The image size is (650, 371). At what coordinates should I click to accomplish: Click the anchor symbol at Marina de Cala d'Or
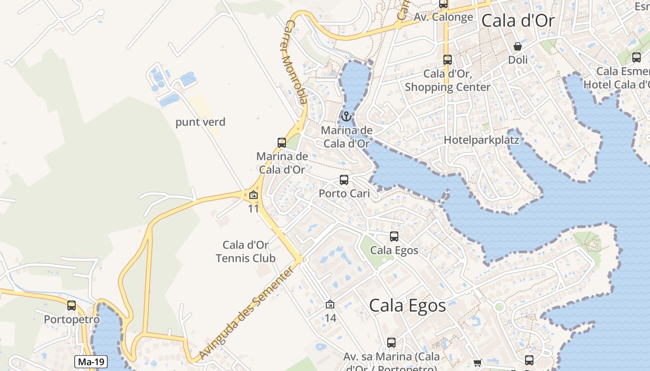346,116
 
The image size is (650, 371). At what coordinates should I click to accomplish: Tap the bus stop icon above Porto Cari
344,180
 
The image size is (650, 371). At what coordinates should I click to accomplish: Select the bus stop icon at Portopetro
71,306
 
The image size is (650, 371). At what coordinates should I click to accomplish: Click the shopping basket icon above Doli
518,46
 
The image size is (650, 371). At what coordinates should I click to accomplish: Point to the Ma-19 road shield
91,362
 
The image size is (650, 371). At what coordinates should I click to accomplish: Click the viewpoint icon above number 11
253,195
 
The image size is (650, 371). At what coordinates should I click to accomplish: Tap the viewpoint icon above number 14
330,304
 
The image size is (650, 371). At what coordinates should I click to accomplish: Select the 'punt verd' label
200,122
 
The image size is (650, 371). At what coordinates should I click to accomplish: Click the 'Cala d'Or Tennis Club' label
246,251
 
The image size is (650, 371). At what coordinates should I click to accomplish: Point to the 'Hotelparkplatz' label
481,140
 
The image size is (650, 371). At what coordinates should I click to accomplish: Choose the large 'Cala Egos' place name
407,306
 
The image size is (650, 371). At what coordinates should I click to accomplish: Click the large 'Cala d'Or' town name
518,20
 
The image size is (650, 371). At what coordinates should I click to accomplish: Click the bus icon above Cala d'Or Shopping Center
448,59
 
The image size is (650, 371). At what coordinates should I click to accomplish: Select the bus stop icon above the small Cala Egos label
394,237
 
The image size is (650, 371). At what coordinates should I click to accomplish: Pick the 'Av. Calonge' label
443,17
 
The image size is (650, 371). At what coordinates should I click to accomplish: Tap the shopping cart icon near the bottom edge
478,363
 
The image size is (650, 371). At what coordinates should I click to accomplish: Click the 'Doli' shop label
518,59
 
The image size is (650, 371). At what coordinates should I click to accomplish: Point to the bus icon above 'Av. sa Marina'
391,343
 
